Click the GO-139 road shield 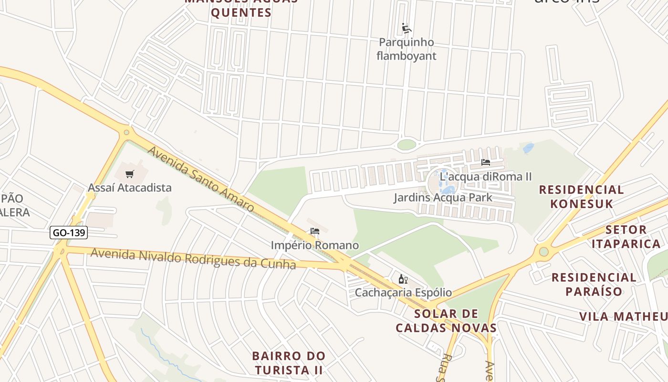[69, 233]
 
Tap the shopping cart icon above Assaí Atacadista [130, 174]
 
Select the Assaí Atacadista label [129, 188]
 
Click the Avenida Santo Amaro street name [200, 179]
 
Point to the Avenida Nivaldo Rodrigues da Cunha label [193, 258]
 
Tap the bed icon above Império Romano [314, 232]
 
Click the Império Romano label [315, 245]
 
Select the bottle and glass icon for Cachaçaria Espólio [403, 279]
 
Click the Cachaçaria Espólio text [403, 292]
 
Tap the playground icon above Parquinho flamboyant [406, 29]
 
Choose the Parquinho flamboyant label [407, 49]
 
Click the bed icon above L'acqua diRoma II [486, 162]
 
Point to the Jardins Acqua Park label [443, 197]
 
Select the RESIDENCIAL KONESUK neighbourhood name [581, 197]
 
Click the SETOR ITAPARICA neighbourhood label [626, 237]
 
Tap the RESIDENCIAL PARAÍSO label [594, 284]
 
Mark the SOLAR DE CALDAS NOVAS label [446, 321]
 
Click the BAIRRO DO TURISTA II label [289, 363]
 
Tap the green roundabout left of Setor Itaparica [543, 252]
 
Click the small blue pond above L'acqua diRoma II [528, 148]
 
